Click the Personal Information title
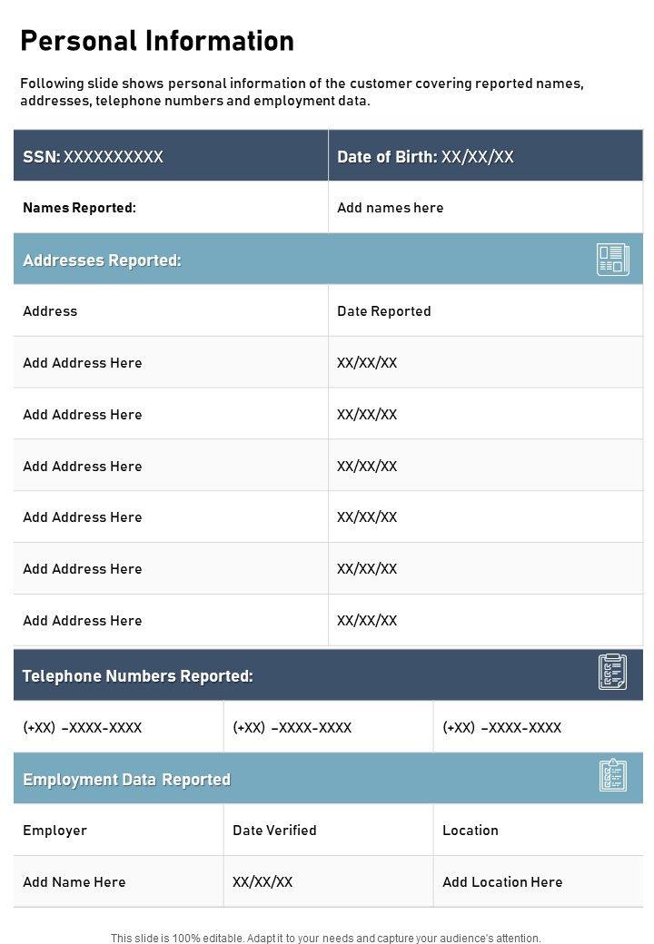[157, 41]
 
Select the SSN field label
[42, 157]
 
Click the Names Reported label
[79, 208]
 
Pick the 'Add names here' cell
[390, 208]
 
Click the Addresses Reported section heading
[102, 261]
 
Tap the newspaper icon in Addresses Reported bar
[612, 260]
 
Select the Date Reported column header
[383, 311]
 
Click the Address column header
[50, 311]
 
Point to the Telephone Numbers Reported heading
[137, 676]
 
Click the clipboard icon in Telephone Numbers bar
[612, 672]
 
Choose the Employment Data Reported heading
[126, 780]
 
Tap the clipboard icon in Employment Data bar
[612, 776]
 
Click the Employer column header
[54, 831]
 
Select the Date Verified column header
[274, 831]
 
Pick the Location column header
[470, 831]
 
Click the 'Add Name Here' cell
[74, 882]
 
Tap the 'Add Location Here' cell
[502, 882]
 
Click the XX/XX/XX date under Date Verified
[263, 882]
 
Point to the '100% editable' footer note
[325, 938]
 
